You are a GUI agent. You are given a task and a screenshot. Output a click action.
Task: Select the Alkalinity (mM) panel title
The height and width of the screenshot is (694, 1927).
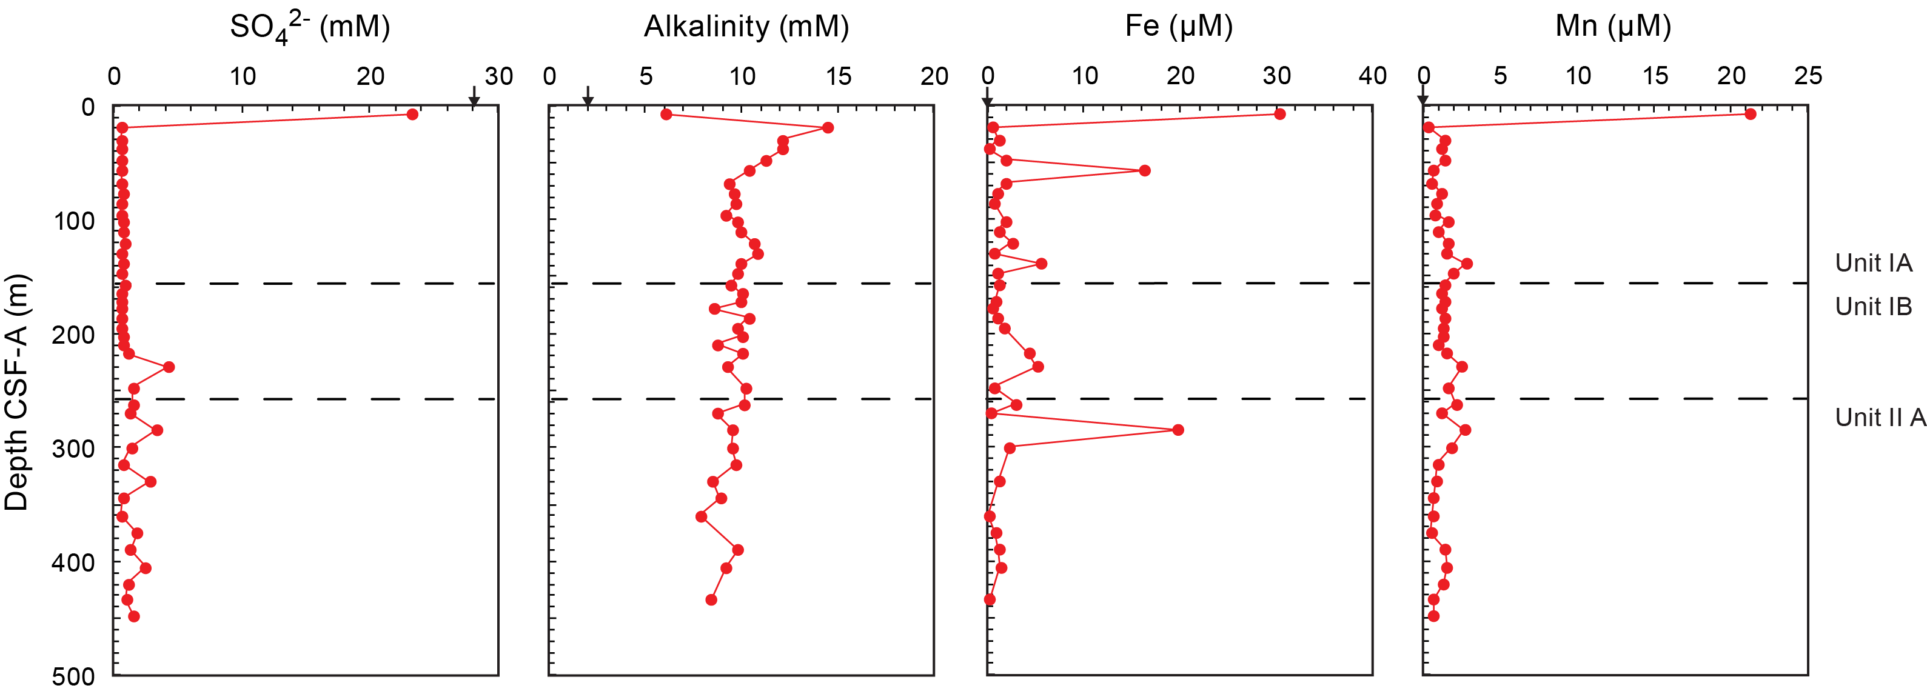746,27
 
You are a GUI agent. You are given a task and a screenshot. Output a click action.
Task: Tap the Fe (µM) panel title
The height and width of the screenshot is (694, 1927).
1178,27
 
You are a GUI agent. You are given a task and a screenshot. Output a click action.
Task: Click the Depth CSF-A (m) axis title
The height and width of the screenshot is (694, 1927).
16,392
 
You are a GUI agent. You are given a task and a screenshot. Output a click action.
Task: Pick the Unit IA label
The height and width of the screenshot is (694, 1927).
1873,262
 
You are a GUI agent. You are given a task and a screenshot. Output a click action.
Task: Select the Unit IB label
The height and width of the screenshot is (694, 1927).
1873,307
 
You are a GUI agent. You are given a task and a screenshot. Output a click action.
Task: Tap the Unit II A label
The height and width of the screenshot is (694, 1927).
1880,417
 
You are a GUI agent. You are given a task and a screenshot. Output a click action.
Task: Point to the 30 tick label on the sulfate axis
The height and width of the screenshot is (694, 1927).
498,76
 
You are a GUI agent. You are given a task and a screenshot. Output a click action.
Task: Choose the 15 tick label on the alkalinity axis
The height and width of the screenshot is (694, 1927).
838,76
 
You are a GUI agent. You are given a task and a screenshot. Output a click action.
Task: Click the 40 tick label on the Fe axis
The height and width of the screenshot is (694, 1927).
1372,76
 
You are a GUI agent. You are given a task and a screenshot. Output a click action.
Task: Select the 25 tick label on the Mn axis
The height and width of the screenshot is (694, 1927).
1808,76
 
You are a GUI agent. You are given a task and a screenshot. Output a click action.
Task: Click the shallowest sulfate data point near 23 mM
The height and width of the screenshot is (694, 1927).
412,115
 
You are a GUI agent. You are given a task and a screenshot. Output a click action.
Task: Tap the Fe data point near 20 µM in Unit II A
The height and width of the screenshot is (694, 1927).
1178,430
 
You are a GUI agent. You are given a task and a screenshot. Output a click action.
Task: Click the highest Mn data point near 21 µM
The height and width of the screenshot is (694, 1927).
1751,115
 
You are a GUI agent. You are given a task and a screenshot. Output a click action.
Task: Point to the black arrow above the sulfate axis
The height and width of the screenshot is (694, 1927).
474,97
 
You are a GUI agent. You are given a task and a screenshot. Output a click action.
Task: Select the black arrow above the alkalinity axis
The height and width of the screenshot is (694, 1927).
588,97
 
